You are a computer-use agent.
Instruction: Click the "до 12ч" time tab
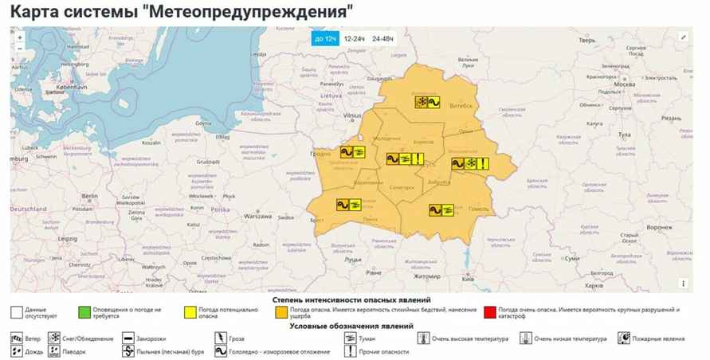(326, 38)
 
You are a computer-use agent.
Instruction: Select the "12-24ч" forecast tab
(355, 38)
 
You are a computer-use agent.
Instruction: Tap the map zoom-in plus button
(20, 36)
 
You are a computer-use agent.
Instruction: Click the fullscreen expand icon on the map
(683, 37)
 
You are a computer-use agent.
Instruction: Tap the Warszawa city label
(258, 216)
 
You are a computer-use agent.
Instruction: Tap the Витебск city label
(461, 105)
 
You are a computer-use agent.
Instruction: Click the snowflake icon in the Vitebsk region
(422, 102)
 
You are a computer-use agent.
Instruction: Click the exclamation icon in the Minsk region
(418, 158)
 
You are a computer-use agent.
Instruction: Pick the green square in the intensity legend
(83, 311)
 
